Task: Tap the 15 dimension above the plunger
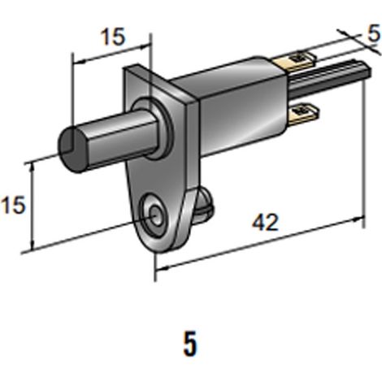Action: [114, 37]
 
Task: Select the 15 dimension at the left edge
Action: [13, 206]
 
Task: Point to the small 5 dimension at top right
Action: [374, 34]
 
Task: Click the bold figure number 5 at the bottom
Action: [190, 344]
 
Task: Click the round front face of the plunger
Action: [72, 150]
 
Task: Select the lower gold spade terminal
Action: [305, 115]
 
